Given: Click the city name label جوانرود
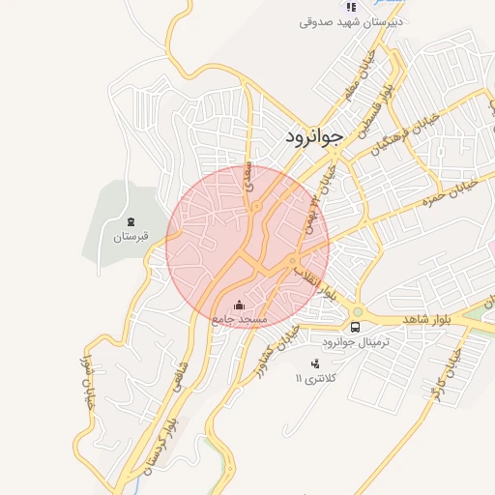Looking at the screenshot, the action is (x=314, y=137).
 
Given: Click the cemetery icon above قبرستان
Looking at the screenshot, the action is (x=131, y=221).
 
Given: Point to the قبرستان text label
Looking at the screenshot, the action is (x=131, y=236).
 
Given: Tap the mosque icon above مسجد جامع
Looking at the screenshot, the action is (x=240, y=307).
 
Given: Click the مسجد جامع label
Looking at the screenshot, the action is (x=239, y=320).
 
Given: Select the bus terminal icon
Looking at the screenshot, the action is (x=355, y=327).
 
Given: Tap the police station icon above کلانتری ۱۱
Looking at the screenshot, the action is (x=314, y=364).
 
